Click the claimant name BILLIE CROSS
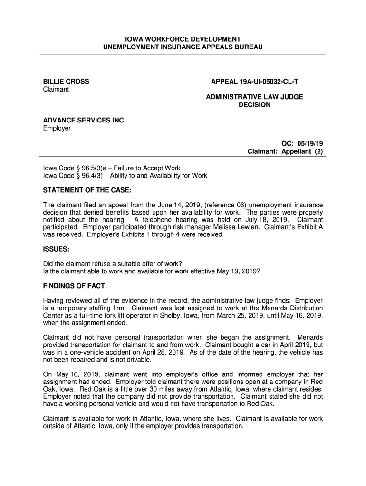click(66, 82)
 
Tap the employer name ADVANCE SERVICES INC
click(83, 121)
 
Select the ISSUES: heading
click(57, 249)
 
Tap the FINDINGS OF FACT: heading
click(75, 286)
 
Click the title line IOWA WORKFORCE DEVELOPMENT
click(183, 39)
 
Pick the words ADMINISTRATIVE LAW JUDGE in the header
click(254, 97)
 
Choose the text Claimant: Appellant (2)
click(285, 152)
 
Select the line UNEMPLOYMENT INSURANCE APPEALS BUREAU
click(183, 47)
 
